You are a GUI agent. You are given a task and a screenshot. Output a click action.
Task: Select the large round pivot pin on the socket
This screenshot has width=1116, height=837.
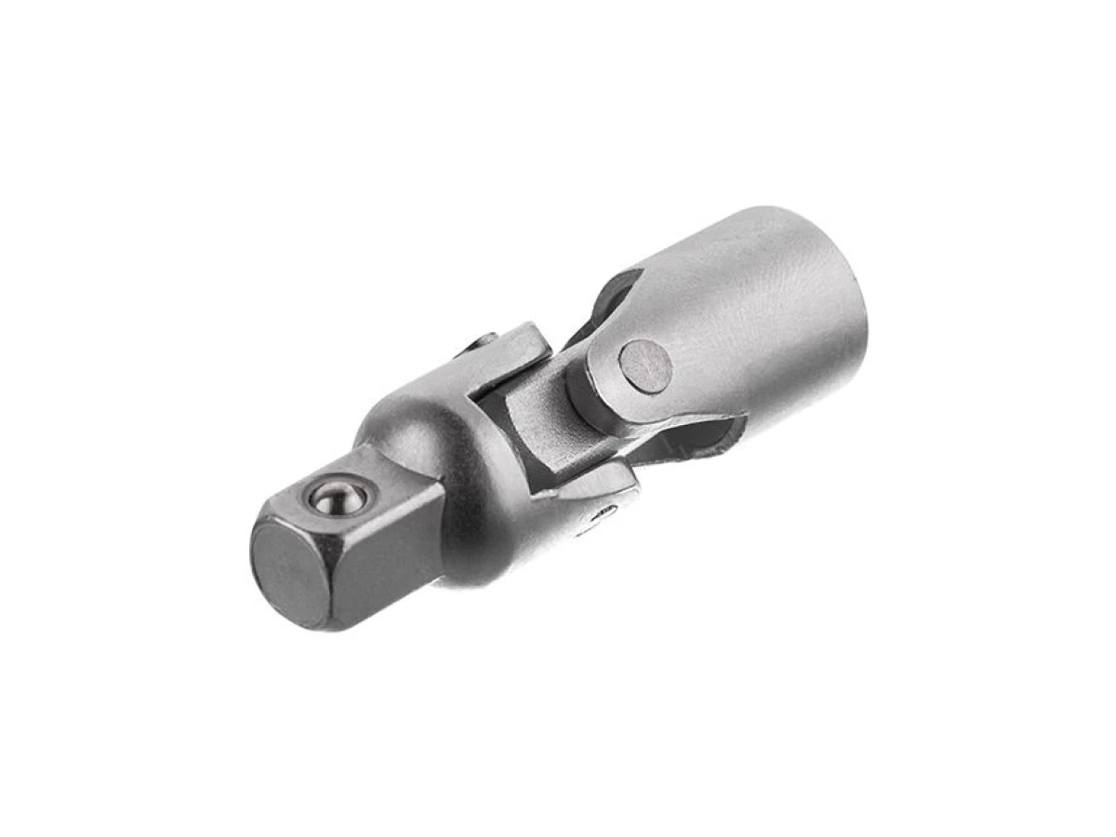[x=645, y=365]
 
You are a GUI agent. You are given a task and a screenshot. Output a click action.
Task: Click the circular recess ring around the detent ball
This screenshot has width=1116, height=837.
[x=316, y=493]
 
